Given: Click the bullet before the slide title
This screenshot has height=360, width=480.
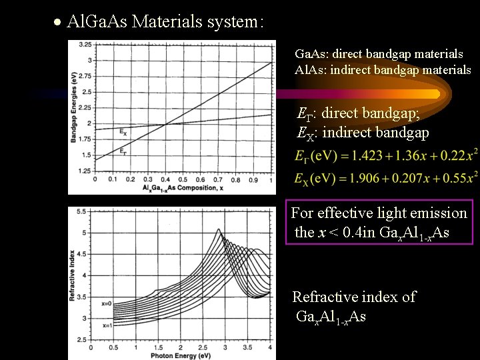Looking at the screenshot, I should coord(59,23).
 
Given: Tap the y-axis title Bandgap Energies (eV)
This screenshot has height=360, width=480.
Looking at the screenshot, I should coord(74,109).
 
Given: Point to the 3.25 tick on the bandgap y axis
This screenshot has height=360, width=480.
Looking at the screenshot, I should coord(85,45).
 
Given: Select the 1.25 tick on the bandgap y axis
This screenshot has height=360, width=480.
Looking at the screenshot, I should coord(85,171).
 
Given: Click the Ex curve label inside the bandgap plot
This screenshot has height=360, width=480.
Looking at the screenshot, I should coord(122,131).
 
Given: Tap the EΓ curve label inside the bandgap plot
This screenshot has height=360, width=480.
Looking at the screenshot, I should coord(123,151).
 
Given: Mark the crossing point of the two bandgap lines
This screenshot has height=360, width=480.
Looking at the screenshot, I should coord(166,123).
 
